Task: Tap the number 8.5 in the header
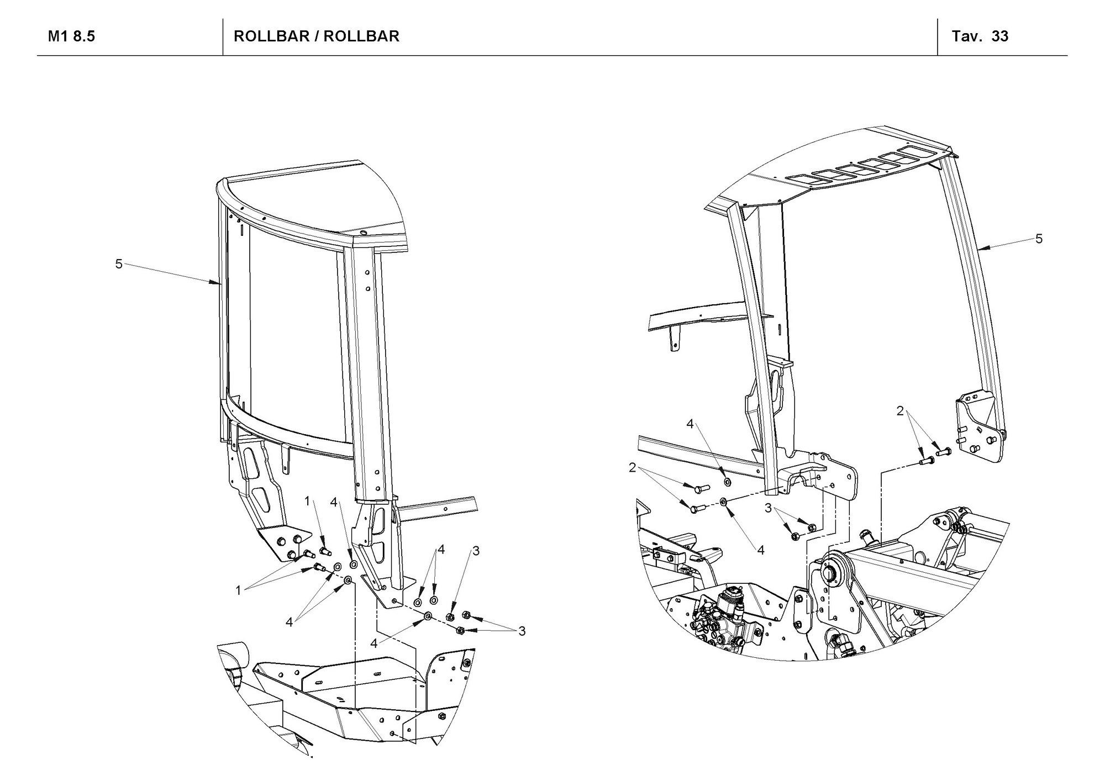coord(84,36)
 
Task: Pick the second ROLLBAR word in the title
coord(361,36)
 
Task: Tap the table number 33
coord(1000,36)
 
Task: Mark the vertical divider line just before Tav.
coord(938,36)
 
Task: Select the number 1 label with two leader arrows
coord(239,590)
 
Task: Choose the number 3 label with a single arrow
coord(476,551)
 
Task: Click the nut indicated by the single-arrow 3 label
coord(450,616)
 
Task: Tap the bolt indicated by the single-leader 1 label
coord(325,550)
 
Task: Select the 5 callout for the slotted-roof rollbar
coord(1039,239)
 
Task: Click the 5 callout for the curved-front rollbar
coord(119,264)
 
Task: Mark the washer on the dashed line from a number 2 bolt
coord(723,502)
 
